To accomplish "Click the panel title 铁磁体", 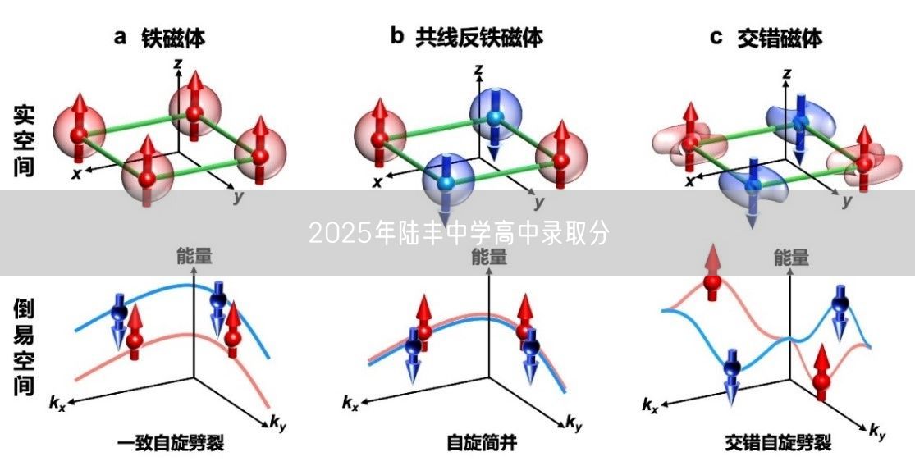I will coord(173,37).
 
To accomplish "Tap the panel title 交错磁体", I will coord(779,37).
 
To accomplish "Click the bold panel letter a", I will coord(120,37).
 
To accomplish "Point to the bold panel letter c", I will coord(716,37).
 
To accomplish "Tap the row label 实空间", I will coord(24,140).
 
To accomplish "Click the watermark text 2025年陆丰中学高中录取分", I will coord(459,234).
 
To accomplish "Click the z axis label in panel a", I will coord(177,62).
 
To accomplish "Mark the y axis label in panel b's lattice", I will coord(539,201).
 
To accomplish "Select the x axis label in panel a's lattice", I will coord(76,174).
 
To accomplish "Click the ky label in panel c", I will coord(877,430).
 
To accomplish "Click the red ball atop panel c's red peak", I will coord(711,283).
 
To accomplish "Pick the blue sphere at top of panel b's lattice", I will coord(493,116).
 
